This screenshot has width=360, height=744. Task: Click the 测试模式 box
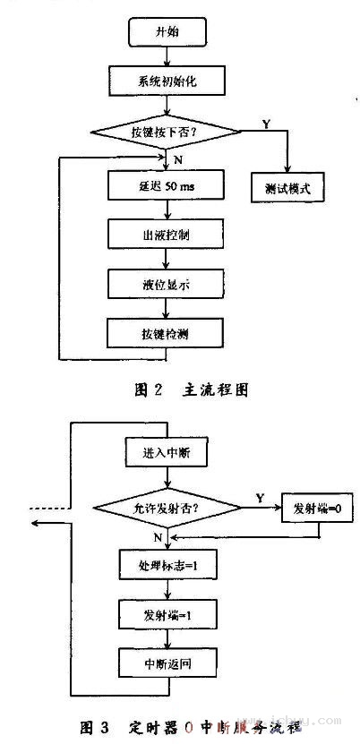pos(287,189)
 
